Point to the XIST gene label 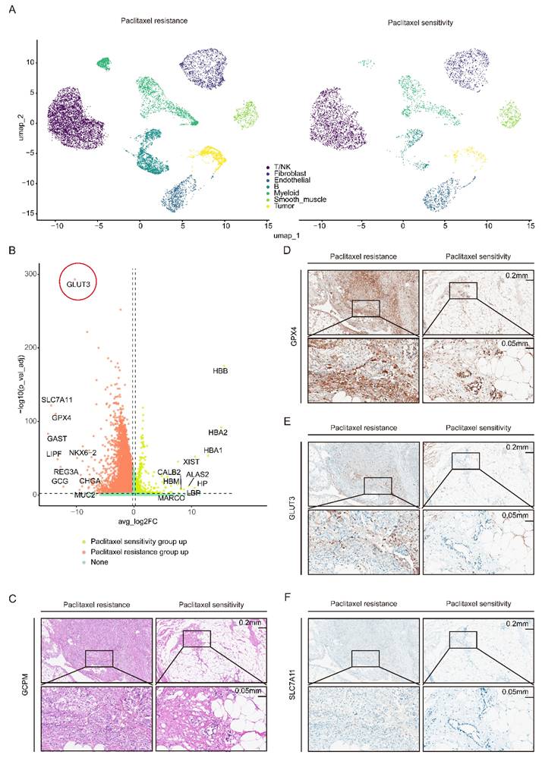[x=191, y=461]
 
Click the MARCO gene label [x=172, y=498]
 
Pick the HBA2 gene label [x=218, y=432]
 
